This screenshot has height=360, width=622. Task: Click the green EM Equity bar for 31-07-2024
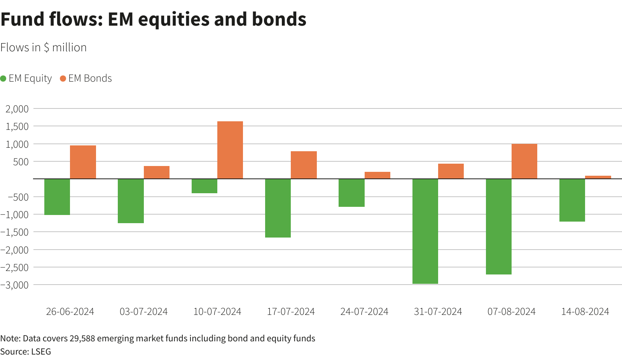425,231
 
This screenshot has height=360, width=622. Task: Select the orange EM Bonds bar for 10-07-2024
230,150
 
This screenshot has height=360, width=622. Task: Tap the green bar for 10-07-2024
204,186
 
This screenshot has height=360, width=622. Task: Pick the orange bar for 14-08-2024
598,177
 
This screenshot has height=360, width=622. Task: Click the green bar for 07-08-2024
499,226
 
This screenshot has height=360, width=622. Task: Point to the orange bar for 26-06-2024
83,162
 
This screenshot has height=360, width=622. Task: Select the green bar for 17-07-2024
278,208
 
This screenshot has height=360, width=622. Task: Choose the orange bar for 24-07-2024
377,175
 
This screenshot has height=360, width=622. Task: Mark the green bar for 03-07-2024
131,201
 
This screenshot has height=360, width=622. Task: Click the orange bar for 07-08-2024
524,161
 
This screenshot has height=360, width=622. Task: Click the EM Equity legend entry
26,79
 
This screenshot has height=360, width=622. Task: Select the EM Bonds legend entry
86,79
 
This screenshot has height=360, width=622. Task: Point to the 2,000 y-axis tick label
17,109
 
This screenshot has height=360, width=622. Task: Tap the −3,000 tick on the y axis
15,285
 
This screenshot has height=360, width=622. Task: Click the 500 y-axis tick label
21,162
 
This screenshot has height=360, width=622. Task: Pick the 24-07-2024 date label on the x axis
364,312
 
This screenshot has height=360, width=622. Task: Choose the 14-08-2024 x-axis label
585,312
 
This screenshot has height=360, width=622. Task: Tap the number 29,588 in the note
82,339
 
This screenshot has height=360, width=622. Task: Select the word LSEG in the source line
41,352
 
